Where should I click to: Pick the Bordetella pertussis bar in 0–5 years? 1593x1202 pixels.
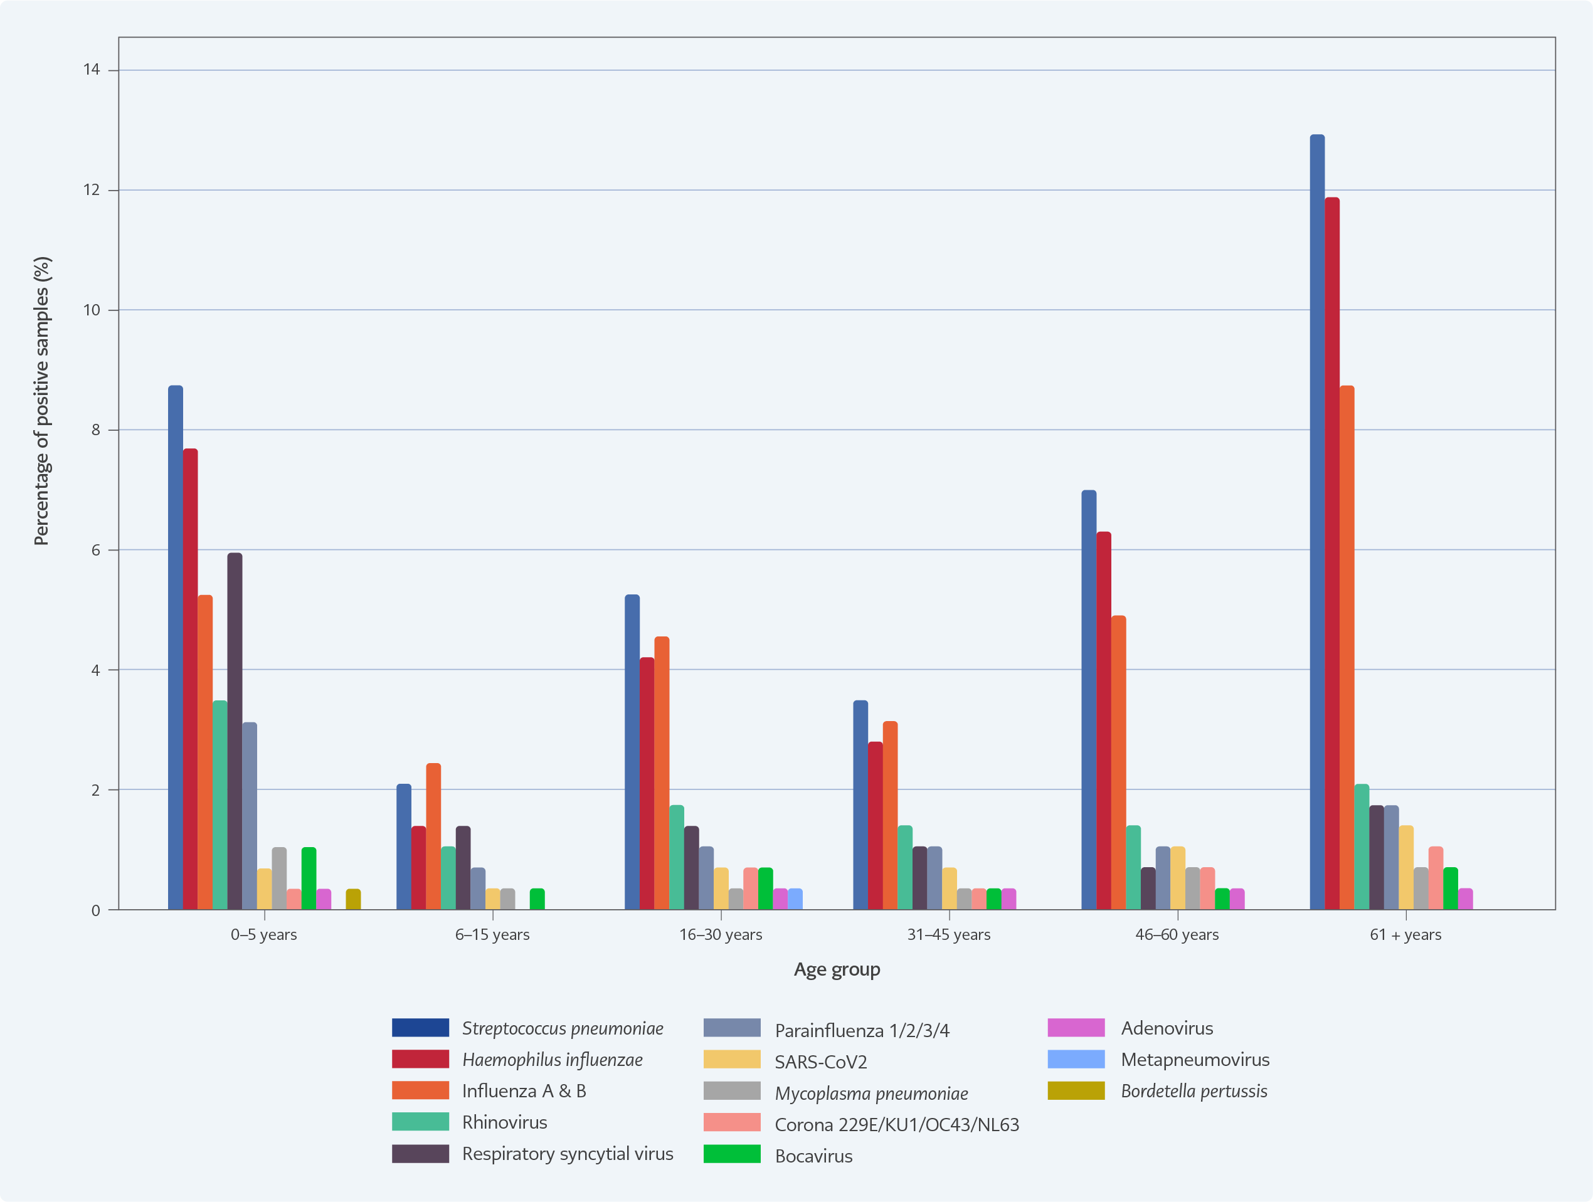353,900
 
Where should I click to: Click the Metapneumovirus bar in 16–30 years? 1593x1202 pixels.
795,900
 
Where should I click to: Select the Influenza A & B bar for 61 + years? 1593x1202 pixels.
1346,648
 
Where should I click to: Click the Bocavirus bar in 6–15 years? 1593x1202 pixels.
537,900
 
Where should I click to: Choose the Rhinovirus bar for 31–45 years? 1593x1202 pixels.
905,868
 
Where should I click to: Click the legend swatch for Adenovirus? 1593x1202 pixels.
1076,1028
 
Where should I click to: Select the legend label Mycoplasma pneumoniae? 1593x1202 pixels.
871,1094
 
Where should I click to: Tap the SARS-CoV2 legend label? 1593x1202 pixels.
820,1062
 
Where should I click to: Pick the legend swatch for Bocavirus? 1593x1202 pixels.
732,1154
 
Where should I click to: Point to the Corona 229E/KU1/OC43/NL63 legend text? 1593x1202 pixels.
897,1125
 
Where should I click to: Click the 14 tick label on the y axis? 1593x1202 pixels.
92,70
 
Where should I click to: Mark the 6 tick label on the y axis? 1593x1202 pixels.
96,551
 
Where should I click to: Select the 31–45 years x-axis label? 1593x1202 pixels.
948,935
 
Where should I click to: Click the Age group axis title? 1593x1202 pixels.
837,969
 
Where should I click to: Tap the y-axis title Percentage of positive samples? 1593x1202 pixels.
42,401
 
